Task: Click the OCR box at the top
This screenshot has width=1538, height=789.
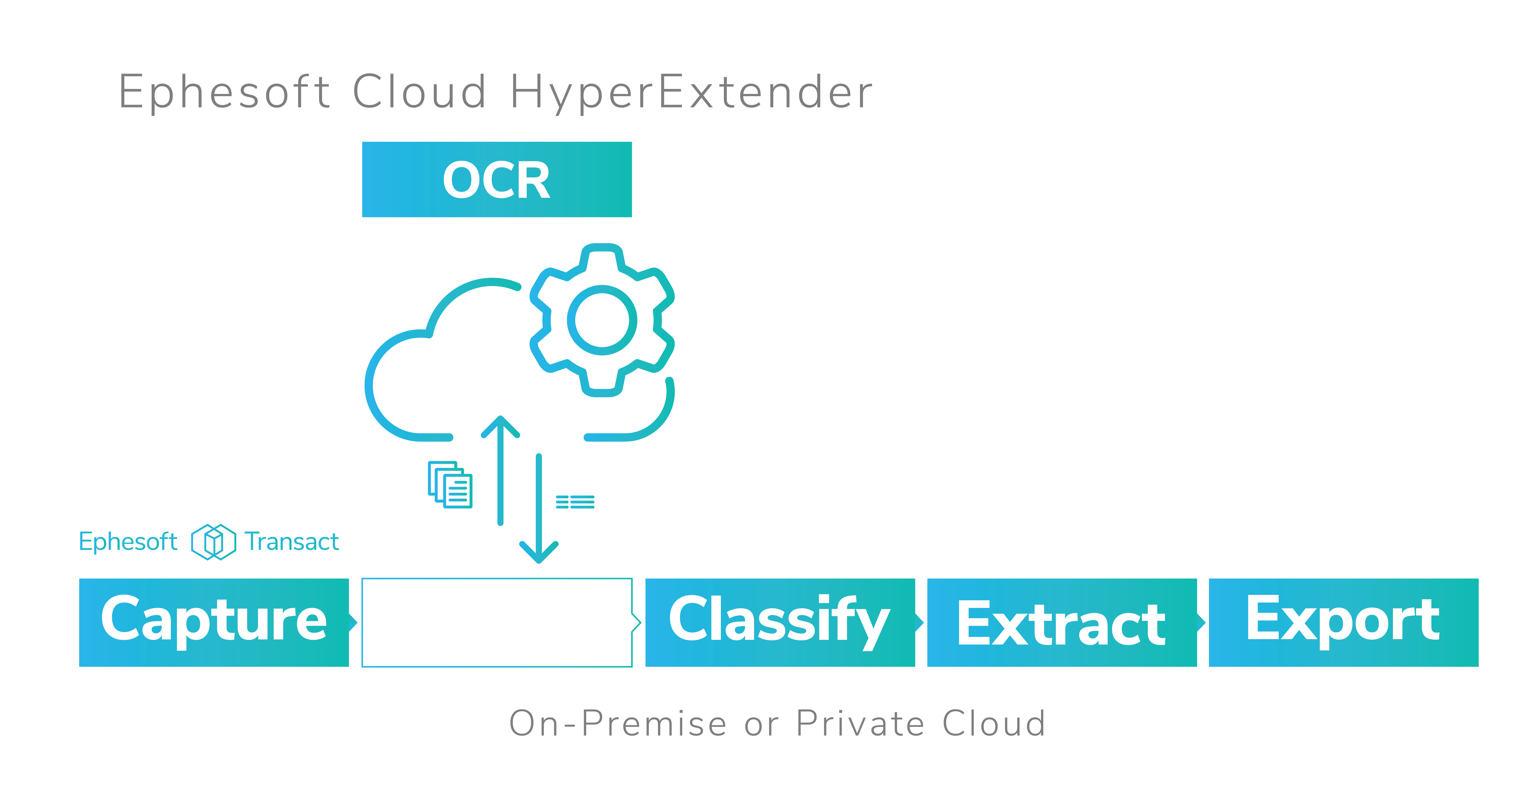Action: [497, 179]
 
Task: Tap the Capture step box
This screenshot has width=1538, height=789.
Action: [214, 622]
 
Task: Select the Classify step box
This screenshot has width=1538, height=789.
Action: [780, 622]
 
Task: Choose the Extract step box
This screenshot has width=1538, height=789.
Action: [1062, 622]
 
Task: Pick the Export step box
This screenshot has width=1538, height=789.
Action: [1343, 622]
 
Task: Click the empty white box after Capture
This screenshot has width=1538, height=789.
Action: [497, 622]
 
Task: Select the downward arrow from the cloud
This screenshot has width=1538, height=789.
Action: [538, 508]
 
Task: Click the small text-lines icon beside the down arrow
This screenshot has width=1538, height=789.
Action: [575, 502]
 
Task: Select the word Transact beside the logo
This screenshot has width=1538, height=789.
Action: [292, 542]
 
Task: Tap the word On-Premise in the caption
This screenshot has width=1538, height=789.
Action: [618, 723]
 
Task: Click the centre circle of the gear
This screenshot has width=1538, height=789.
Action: [602, 320]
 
